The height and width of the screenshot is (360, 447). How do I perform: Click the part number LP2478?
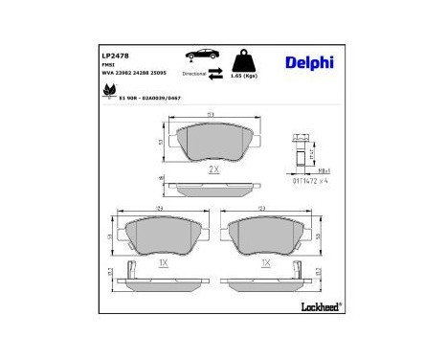[114, 56]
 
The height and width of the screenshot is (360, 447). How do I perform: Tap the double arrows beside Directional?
[217, 73]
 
